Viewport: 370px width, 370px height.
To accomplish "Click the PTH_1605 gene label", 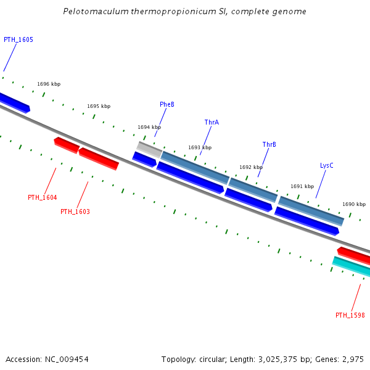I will [x=18, y=39].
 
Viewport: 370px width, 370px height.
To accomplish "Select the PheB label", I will [x=167, y=105].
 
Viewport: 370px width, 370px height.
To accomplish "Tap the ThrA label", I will [x=212, y=122].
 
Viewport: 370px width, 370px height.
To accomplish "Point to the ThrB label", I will [x=269, y=145].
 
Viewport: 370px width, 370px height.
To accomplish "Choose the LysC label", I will [x=326, y=165].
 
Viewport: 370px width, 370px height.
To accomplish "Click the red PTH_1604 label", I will [x=42, y=197].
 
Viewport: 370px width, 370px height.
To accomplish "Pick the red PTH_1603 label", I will [x=75, y=212].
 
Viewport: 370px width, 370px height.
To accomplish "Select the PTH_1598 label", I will [x=350, y=315].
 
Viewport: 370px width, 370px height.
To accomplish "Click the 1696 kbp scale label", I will [x=49, y=84].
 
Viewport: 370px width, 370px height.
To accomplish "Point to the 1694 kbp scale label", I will [x=149, y=127].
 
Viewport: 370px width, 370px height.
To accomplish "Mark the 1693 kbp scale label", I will [x=200, y=147].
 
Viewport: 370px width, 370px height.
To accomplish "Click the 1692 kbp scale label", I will [x=251, y=167].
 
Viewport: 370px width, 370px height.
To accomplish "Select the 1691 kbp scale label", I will [x=302, y=186].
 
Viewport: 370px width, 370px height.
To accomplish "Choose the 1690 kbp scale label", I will [x=354, y=204].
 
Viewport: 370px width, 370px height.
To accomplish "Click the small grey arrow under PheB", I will [x=149, y=149].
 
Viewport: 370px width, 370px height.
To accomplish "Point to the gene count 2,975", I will [x=353, y=359].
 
